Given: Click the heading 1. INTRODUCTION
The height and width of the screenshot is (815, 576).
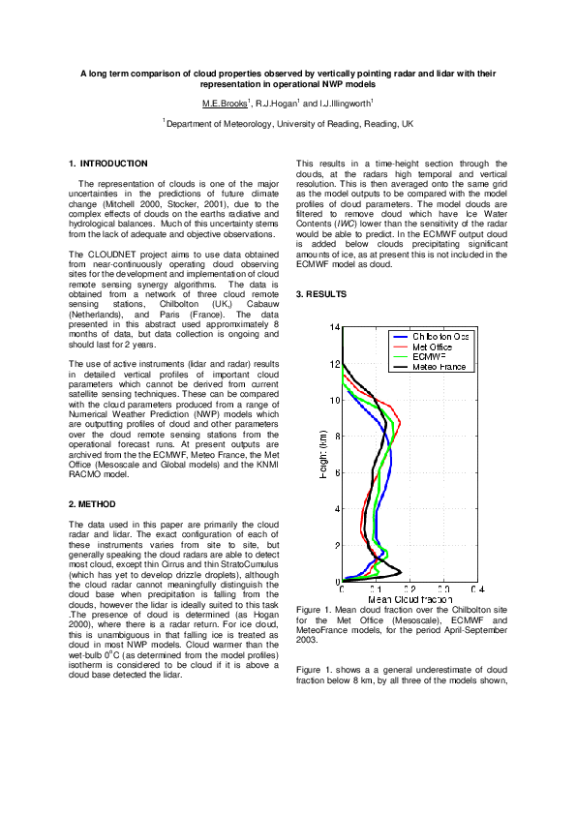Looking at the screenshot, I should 108,164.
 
